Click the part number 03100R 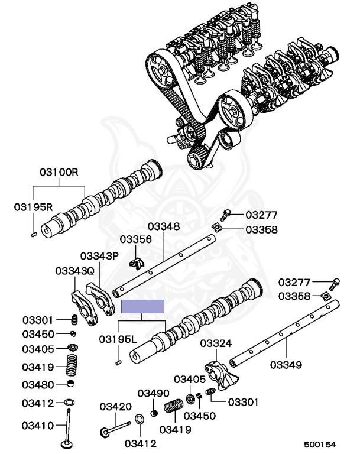pyautogui.click(x=59, y=173)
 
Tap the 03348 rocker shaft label pyautogui.click(x=164, y=226)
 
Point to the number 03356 pyautogui.click(x=136, y=239)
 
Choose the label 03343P pyautogui.click(x=99, y=256)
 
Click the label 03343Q pyautogui.click(x=74, y=271)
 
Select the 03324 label pyautogui.click(x=216, y=343)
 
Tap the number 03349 pyautogui.click(x=286, y=364)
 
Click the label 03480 pyautogui.click(x=38, y=385)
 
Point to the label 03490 pyautogui.click(x=154, y=393)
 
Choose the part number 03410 pyautogui.click(x=38, y=425)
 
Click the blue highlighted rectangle pyautogui.click(x=142, y=306)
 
